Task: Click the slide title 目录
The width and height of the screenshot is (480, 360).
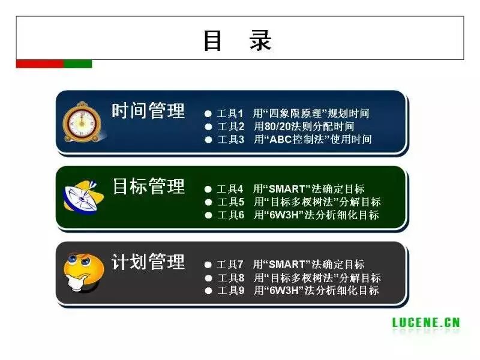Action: click(237, 40)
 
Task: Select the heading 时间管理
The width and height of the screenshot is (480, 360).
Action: click(149, 111)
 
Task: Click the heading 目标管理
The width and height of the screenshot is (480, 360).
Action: click(149, 186)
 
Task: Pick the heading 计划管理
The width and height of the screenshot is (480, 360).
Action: click(149, 262)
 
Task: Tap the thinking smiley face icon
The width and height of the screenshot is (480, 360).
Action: click(83, 273)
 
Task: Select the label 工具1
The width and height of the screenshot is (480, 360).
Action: click(230, 113)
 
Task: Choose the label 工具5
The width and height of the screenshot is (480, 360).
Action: click(230, 202)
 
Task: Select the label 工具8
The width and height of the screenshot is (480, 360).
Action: click(230, 278)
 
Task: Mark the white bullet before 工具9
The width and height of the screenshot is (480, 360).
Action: click(208, 291)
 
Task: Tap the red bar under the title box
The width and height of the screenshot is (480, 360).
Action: click(40, 64)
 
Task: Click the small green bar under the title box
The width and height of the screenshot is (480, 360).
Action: click(78, 64)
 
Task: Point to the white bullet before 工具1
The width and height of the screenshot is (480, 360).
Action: click(208, 113)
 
